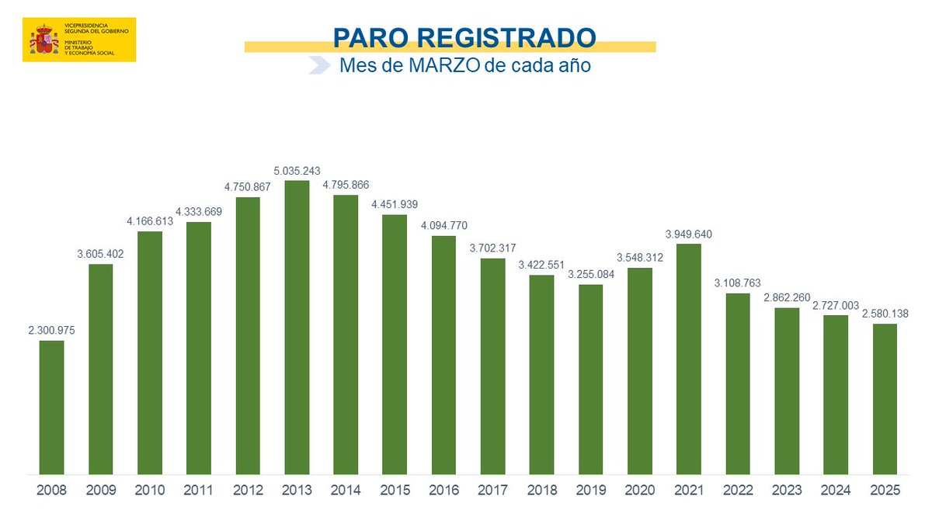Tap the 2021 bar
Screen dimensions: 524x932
tap(688, 358)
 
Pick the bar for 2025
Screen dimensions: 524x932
tap(885, 398)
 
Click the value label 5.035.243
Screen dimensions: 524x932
tap(297, 171)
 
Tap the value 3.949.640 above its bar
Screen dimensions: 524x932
tap(688, 234)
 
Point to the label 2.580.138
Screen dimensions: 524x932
tap(885, 314)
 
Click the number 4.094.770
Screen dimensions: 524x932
tap(443, 226)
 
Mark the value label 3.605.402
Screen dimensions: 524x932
tap(100, 254)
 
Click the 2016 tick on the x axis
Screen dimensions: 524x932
tap(443, 491)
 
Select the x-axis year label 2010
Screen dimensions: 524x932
tap(149, 491)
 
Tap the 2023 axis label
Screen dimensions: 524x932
tap(787, 491)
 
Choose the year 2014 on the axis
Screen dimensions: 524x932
tap(346, 491)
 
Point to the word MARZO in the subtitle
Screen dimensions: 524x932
tap(438, 66)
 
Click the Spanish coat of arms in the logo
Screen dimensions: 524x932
tap(44, 40)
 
